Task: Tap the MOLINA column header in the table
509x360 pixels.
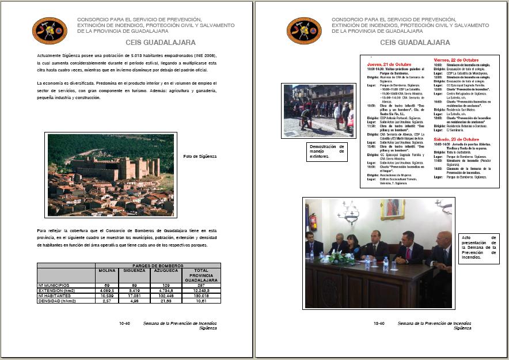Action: click(x=107, y=270)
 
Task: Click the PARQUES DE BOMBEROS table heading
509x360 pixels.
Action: click(x=157, y=265)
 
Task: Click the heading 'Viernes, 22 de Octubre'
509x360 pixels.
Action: click(x=456, y=60)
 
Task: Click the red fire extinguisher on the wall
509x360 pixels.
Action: click(x=313, y=222)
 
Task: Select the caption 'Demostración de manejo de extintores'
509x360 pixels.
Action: click(x=326, y=151)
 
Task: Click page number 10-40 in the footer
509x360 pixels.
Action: click(x=124, y=324)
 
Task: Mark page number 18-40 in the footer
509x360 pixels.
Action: click(x=378, y=324)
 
